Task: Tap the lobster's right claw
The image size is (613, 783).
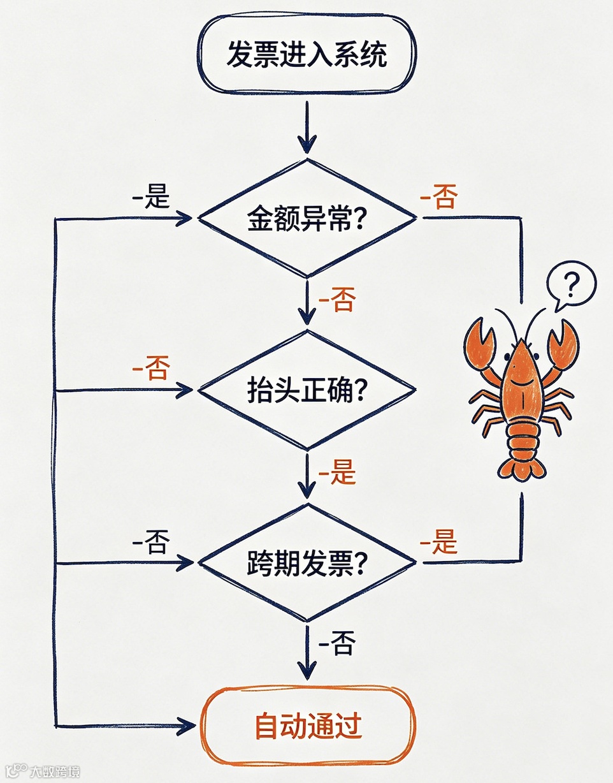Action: click(563, 343)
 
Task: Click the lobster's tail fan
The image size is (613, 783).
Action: click(522, 468)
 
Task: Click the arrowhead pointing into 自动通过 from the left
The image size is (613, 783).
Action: click(186, 726)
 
